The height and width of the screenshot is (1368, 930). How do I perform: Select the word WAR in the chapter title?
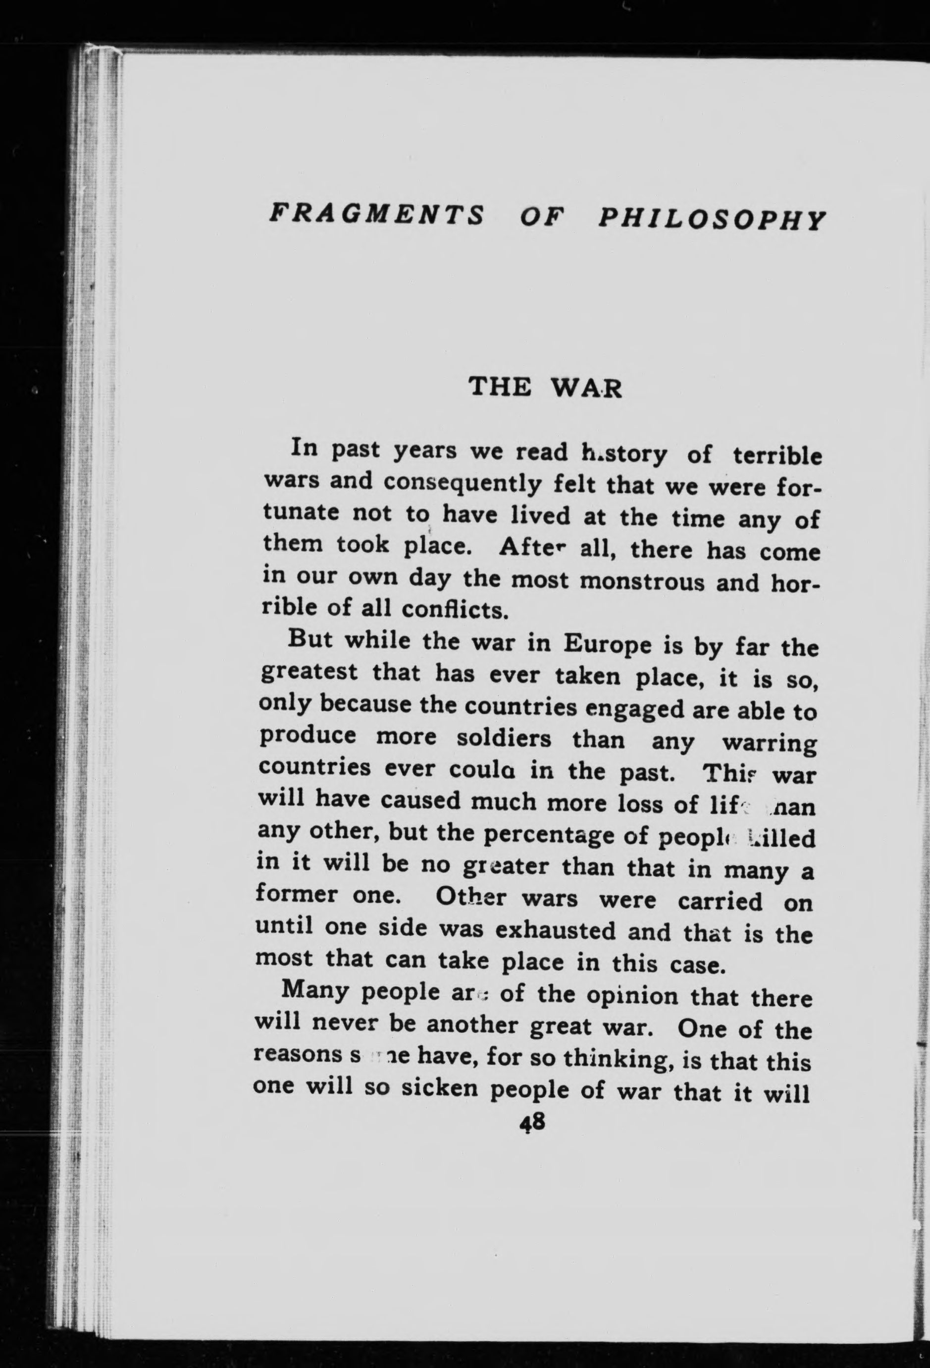point(586,389)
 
